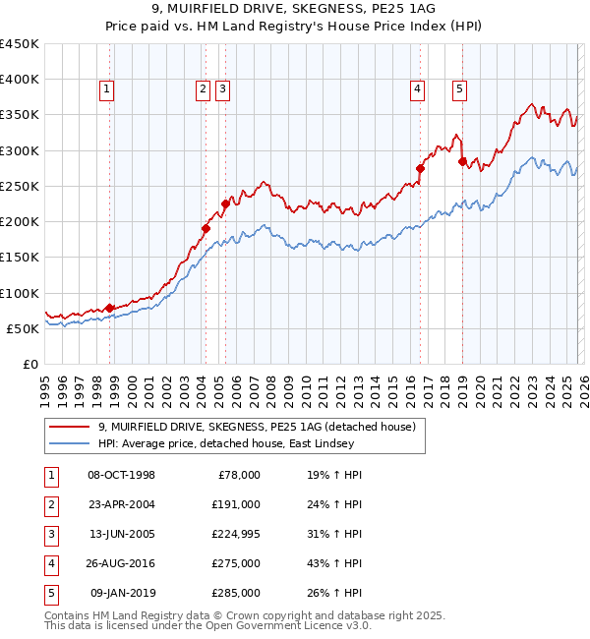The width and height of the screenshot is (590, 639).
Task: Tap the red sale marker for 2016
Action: point(420,168)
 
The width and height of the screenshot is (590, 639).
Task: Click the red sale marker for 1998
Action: point(109,308)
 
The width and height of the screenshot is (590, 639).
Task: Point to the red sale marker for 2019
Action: point(462,161)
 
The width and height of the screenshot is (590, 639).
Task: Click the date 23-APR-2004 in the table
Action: point(122,504)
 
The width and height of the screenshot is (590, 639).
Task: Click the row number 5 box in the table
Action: point(51,593)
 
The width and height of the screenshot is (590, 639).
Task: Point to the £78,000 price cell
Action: point(237,475)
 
